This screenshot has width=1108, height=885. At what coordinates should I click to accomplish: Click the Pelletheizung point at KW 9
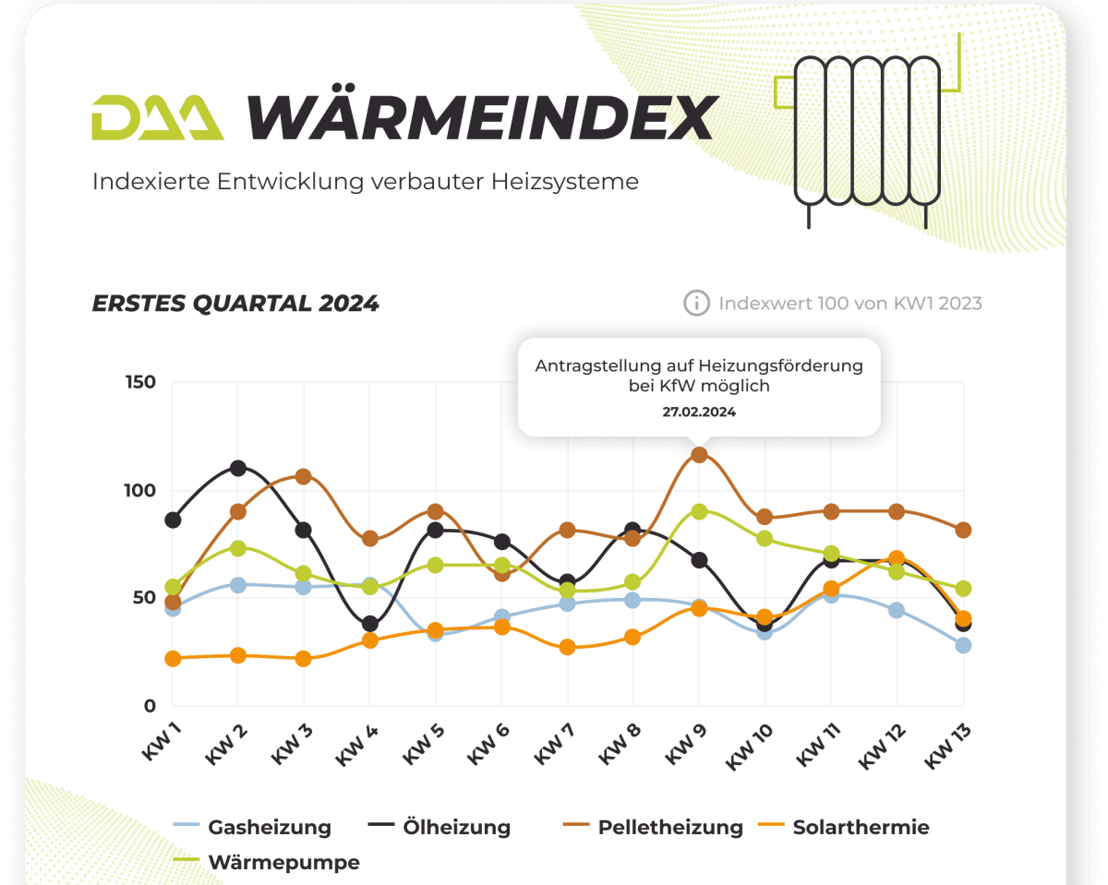(x=699, y=455)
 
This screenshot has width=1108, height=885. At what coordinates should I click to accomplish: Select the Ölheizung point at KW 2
(x=238, y=469)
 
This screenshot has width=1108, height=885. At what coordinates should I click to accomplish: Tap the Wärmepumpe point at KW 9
(x=699, y=511)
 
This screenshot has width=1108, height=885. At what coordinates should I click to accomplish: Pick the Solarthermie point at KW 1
(x=173, y=658)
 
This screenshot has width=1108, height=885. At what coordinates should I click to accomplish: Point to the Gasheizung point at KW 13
(x=963, y=645)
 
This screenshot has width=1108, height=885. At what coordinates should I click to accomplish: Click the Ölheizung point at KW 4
(x=370, y=624)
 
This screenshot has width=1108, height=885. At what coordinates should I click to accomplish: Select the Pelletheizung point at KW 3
(x=303, y=476)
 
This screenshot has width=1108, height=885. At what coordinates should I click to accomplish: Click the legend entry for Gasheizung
(x=269, y=827)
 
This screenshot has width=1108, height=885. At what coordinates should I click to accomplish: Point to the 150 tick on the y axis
(x=140, y=383)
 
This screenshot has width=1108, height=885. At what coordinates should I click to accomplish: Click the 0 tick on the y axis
(x=149, y=707)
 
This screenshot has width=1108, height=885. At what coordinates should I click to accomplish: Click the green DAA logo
(x=158, y=117)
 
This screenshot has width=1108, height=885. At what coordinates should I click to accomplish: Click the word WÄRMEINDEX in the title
(x=481, y=117)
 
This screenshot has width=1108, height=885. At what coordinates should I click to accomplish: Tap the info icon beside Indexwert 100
(x=696, y=303)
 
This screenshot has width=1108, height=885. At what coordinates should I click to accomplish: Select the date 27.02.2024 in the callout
(x=699, y=413)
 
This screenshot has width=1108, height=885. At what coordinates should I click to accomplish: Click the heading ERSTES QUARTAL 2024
(x=235, y=304)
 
